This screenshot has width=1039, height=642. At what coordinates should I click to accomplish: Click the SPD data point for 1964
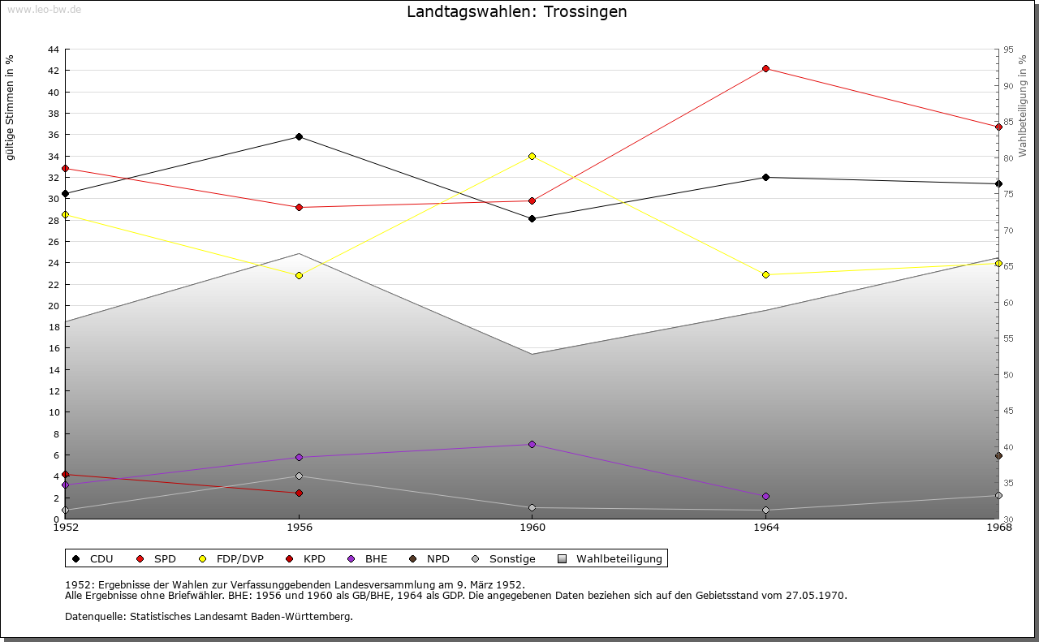point(765,68)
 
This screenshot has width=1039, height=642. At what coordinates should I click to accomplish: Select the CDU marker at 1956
point(299,136)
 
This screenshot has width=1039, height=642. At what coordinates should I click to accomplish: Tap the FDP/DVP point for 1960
point(532,156)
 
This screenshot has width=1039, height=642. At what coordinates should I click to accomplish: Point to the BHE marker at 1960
point(532,444)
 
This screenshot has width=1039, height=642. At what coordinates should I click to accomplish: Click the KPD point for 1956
point(299,493)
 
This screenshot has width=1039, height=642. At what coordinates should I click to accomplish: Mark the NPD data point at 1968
point(998,455)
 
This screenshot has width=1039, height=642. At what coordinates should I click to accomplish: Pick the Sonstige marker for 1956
point(299,476)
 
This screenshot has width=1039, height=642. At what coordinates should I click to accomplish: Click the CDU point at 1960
point(532,218)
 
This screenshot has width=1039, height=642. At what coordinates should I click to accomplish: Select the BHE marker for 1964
point(765,496)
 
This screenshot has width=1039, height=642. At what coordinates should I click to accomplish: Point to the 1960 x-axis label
point(532,528)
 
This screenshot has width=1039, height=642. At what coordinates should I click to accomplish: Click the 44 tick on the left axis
point(53,50)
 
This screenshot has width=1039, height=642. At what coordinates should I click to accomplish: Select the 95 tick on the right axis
point(1008,50)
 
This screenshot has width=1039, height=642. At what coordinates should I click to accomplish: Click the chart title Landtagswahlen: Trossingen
point(517,11)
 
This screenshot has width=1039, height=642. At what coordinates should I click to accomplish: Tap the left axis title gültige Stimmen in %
point(10,107)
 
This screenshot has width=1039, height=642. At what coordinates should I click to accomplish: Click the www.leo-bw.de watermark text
point(44,10)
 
